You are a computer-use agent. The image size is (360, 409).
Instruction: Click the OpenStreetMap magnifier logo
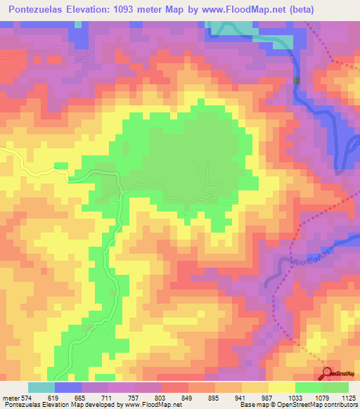tap(328, 373)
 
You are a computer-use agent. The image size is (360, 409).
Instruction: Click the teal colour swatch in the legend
tap(41, 387)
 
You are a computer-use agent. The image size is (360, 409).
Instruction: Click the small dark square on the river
tap(297, 81)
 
